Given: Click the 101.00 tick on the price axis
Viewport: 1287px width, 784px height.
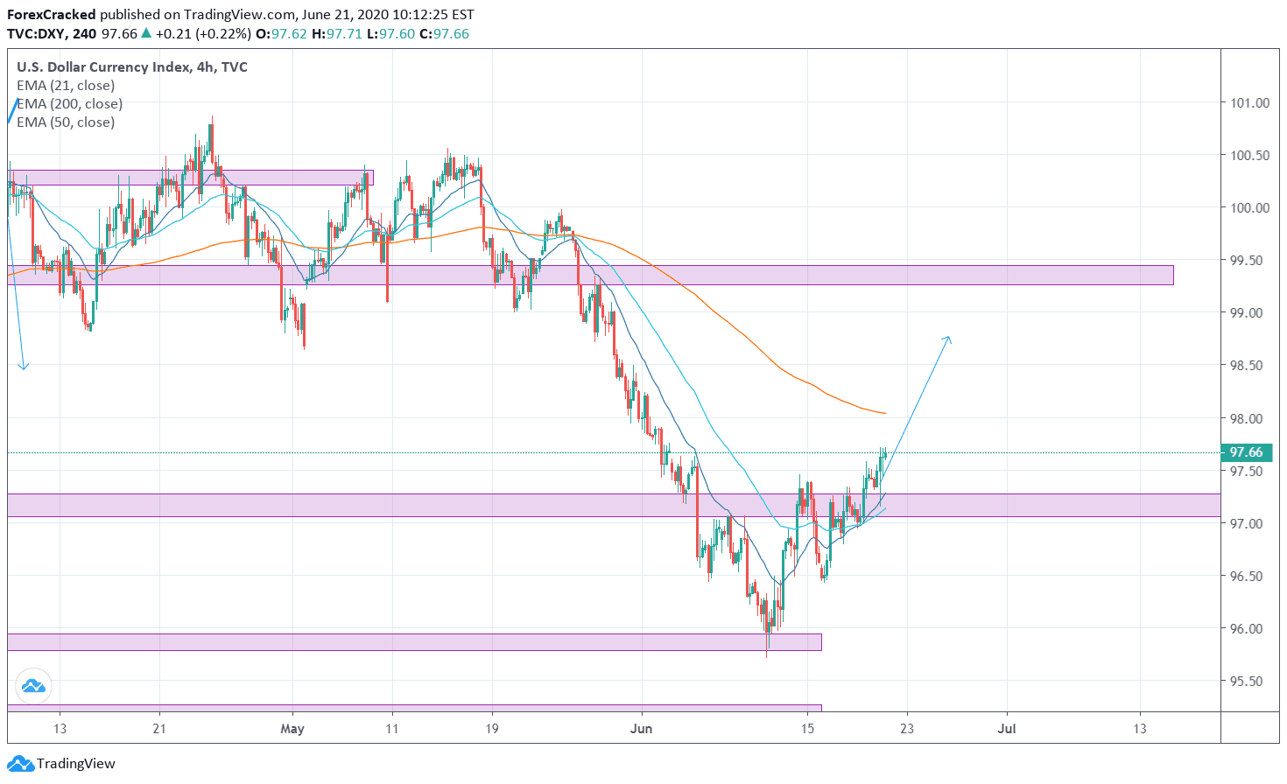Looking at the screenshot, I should [1249, 102].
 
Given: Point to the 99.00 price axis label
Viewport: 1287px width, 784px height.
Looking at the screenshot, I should [1249, 312].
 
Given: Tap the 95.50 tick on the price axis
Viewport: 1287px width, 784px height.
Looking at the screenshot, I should [1249, 681].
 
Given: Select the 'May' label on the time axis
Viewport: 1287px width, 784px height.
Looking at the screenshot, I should [292, 728].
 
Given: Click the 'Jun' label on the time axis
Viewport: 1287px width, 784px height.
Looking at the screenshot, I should [642, 728].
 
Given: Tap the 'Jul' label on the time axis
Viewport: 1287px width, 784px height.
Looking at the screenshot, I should [1007, 728].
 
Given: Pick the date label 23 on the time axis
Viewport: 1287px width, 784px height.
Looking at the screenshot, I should [906, 728].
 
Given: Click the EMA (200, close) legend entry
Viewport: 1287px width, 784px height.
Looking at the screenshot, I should [70, 103].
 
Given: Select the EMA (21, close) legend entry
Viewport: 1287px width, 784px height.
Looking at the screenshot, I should [66, 85].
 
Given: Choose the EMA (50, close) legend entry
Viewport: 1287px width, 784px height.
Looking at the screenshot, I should [66, 122].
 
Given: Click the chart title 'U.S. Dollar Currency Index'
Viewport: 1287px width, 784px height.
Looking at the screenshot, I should [103, 66].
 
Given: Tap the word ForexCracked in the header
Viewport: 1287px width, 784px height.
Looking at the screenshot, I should [52, 15].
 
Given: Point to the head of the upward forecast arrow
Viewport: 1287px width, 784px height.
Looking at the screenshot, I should [949, 338].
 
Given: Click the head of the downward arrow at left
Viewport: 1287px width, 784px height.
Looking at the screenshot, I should [24, 367].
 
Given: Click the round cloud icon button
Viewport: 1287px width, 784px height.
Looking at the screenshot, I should [33, 687].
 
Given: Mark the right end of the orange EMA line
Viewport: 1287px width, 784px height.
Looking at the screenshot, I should [885, 413].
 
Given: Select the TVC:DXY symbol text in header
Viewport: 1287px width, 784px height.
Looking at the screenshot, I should [37, 34].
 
